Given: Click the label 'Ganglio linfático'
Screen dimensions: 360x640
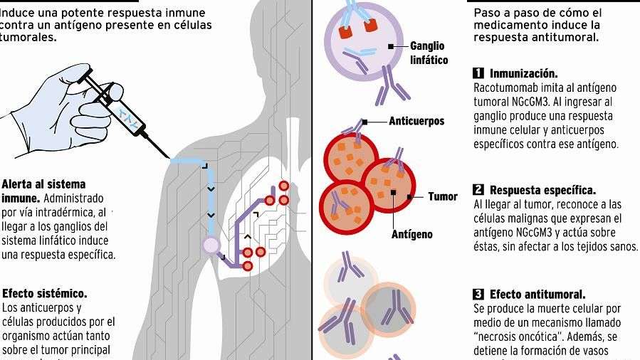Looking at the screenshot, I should point(429,53).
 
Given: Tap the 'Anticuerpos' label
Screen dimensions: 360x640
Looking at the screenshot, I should point(416,121).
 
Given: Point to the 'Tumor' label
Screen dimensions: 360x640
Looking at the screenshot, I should point(443,196).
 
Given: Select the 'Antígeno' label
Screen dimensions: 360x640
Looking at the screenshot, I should point(412,233).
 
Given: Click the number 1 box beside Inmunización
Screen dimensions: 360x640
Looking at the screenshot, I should point(478,73).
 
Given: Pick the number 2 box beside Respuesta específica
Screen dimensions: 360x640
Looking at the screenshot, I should point(478,190).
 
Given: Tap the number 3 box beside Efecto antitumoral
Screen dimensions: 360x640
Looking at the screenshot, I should point(478,295).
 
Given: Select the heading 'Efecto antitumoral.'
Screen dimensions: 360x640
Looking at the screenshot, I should point(537,295).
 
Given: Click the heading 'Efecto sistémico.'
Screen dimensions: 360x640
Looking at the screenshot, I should point(45,293).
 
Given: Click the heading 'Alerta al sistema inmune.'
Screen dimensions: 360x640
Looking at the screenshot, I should point(43,191).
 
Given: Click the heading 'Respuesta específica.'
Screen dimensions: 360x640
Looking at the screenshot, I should point(542,190).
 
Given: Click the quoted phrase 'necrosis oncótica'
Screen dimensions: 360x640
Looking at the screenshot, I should point(515,337).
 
